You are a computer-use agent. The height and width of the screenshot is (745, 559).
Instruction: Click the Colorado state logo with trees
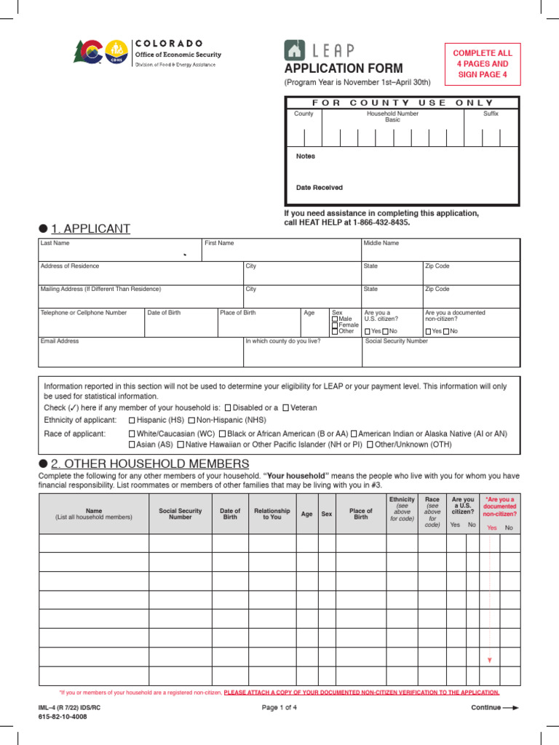89,52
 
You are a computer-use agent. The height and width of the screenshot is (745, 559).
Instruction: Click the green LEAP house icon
295,50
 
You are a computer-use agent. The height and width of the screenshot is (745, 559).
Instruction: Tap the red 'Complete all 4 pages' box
483,64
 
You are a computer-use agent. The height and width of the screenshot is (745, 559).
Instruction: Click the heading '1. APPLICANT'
90,228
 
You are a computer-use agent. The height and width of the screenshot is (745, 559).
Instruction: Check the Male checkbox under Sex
335,319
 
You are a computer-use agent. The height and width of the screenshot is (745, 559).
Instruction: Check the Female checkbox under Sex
335,325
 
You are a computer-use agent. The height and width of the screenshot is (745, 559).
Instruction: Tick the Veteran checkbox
286,408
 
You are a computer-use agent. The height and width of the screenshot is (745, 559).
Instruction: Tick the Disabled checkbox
229,408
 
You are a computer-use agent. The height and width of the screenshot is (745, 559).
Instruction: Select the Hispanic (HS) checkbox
132,421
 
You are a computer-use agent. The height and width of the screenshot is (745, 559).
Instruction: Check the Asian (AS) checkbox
132,445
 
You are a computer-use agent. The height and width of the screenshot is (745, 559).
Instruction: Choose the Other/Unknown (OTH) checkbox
370,445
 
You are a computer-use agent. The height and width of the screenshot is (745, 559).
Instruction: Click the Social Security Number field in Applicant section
441,353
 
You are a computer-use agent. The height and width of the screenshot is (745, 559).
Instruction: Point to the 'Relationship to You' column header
271,514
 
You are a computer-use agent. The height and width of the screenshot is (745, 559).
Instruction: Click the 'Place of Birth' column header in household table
360,514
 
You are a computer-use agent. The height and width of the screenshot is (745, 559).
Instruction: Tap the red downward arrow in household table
490,659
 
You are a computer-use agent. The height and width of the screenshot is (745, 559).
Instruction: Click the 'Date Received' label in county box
319,187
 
